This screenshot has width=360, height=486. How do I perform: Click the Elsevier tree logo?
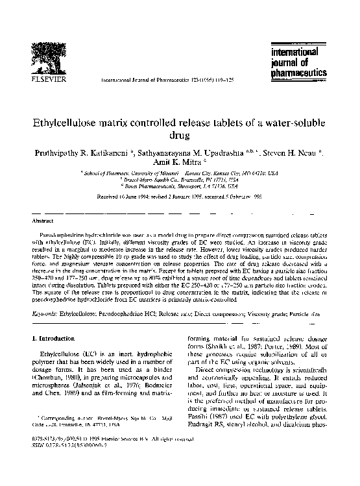coord(42,58)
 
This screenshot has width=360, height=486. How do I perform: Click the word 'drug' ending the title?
coord(180,136)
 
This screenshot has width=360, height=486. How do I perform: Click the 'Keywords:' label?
coord(45,314)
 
